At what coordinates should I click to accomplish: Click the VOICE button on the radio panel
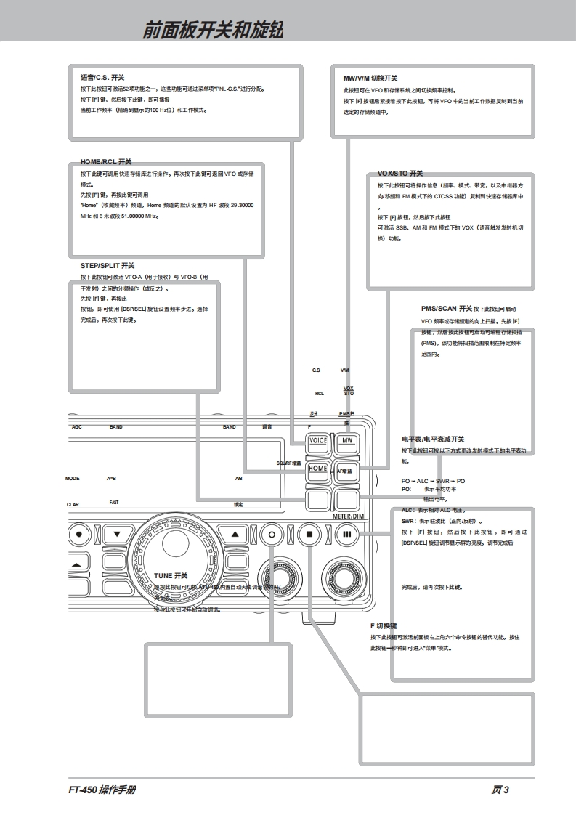[317, 441]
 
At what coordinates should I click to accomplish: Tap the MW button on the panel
[347, 441]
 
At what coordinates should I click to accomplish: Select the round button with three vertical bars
[346, 534]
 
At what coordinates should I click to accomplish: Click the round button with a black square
[309, 534]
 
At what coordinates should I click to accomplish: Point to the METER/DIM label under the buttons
[346, 515]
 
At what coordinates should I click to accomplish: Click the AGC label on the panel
[77, 427]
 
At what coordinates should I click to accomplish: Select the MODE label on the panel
[72, 479]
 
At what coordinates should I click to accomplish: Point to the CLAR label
[73, 505]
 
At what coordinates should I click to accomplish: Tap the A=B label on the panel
[112, 479]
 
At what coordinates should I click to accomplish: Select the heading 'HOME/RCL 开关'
[106, 161]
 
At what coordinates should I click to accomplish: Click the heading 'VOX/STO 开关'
[399, 174]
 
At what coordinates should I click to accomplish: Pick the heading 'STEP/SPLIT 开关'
[108, 266]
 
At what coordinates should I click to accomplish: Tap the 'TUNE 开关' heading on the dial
[171, 575]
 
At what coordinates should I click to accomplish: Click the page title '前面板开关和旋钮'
[212, 30]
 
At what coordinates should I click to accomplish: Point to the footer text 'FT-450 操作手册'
[97, 790]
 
